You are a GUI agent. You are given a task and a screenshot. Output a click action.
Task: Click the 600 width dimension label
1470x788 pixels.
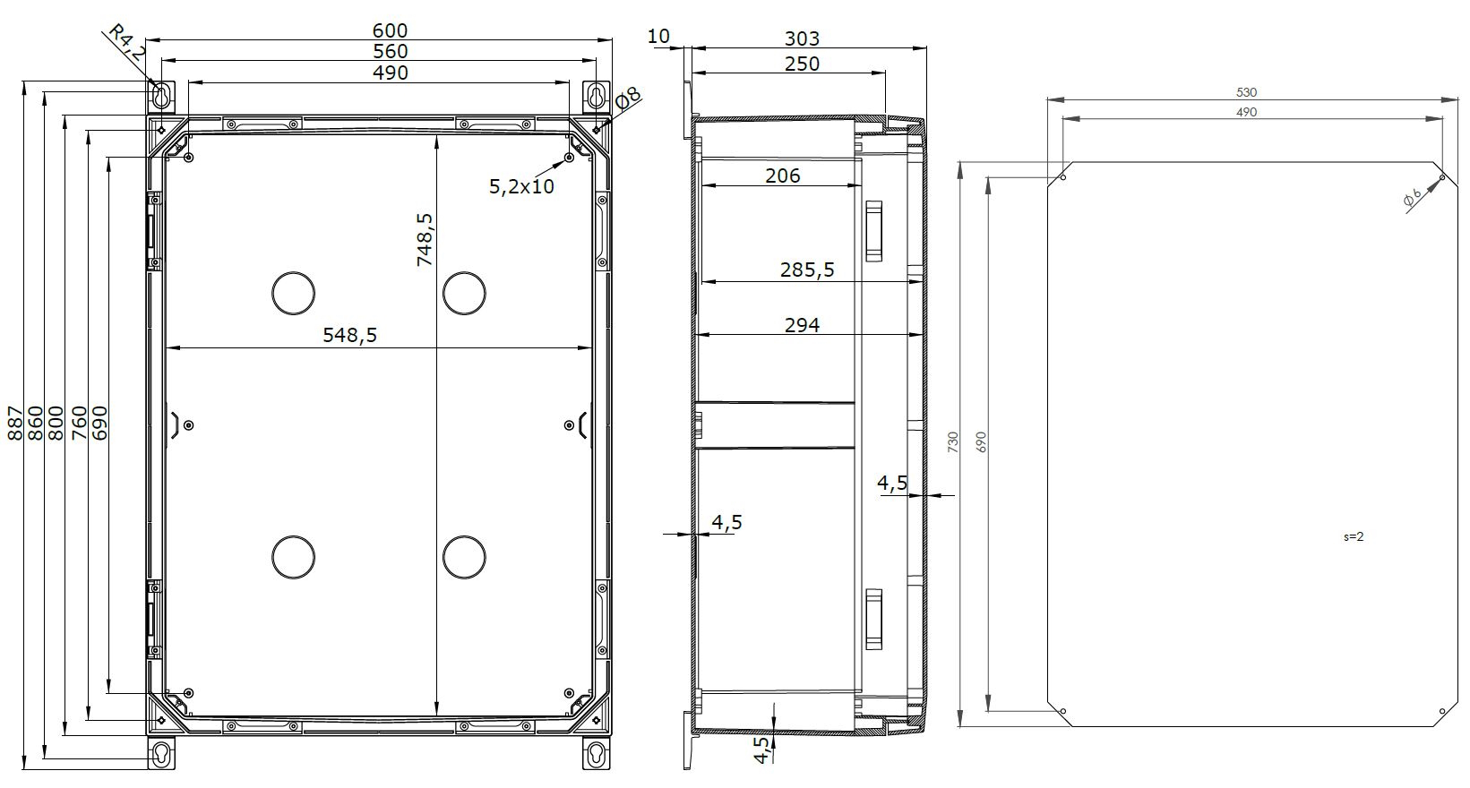click(x=390, y=30)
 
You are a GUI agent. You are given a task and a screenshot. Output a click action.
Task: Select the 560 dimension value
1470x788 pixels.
click(x=390, y=51)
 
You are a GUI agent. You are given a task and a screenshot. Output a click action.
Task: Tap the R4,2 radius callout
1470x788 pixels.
click(x=125, y=42)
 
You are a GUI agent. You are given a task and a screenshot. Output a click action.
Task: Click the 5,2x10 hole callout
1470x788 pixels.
click(x=521, y=186)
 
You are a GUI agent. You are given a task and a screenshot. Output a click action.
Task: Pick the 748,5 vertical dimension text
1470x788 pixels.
click(x=426, y=239)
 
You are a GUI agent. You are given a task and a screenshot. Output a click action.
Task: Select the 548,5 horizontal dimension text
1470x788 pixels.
click(x=349, y=335)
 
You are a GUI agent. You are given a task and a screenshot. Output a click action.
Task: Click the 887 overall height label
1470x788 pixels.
click(x=14, y=423)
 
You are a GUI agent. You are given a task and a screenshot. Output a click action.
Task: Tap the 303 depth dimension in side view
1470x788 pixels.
click(x=802, y=39)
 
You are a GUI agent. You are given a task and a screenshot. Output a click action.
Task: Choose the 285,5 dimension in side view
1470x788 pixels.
click(x=807, y=270)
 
